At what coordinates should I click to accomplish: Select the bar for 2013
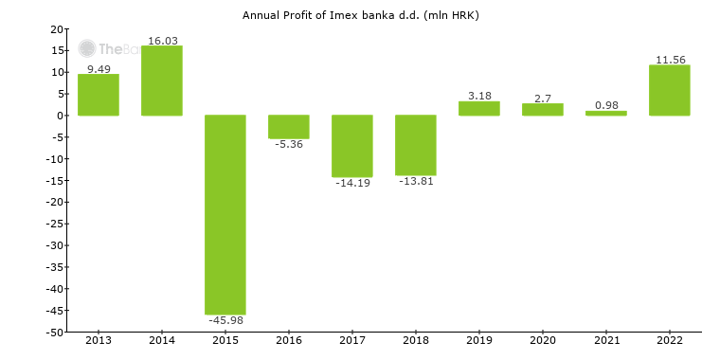99,95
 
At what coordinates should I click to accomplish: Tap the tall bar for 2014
162,81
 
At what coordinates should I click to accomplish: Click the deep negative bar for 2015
225,214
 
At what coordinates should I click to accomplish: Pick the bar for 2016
289,127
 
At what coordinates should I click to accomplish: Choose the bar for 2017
352,146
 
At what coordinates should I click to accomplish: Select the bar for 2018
416,145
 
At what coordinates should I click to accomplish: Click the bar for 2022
670,90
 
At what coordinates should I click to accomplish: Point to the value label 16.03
162,41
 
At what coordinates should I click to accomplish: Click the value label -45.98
225,321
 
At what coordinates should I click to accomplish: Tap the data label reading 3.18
479,96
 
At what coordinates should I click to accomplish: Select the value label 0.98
606,105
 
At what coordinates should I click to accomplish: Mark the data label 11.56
670,60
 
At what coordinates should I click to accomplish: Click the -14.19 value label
352,183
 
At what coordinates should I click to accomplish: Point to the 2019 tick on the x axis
479,340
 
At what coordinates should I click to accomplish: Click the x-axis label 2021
606,340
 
